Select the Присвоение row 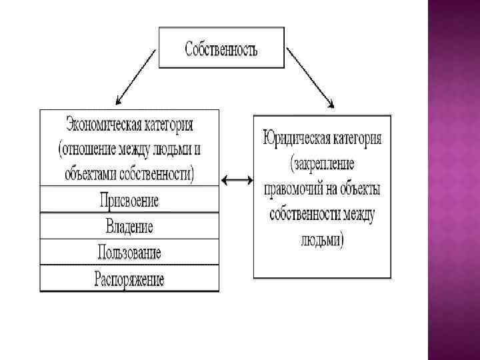(x=129, y=200)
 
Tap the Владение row (x=129, y=226)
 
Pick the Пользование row (x=129, y=253)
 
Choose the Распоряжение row (x=129, y=279)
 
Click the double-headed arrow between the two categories (x=236, y=179)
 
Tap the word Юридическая (x=294, y=139)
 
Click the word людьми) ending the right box (x=322, y=239)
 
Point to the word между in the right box (x=359, y=215)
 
